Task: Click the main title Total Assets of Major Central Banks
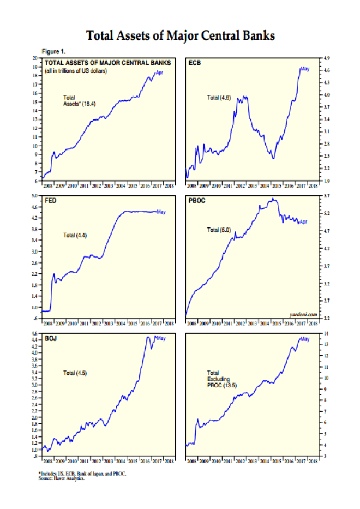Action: pyautogui.click(x=181, y=36)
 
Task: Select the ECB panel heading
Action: pyautogui.click(x=195, y=63)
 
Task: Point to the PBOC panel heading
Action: pyautogui.click(x=197, y=200)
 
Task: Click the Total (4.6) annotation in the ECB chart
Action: pyautogui.click(x=219, y=98)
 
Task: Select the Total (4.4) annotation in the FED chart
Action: pyautogui.click(x=75, y=235)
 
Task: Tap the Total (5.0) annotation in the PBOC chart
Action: pyautogui.click(x=219, y=230)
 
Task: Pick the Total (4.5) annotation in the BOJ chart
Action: pyautogui.click(x=75, y=373)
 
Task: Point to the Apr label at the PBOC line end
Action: pyautogui.click(x=304, y=221)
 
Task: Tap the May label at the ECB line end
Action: pyautogui.click(x=305, y=69)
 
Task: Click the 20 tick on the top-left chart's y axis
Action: pyautogui.click(x=35, y=57)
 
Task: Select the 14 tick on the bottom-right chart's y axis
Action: pyautogui.click(x=326, y=333)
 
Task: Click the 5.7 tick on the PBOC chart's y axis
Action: pyautogui.click(x=327, y=195)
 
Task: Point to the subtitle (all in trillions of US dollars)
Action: pyautogui.click(x=76, y=71)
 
